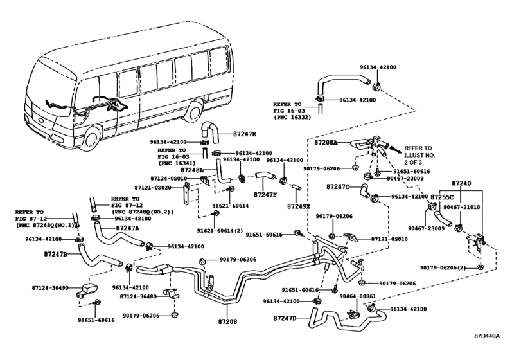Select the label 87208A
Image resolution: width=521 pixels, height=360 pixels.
326,143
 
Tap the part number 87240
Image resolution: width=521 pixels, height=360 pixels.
461,183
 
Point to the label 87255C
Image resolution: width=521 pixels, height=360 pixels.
442,197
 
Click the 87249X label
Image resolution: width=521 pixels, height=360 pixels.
299,206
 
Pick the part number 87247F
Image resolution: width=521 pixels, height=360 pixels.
265,195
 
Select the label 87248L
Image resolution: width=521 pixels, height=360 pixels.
191,170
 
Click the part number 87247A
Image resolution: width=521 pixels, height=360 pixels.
128,228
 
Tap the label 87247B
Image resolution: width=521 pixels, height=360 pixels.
55,255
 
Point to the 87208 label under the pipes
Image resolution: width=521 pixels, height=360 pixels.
227,321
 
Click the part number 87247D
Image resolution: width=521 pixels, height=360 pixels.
285,318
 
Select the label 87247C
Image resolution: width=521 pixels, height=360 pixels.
338,187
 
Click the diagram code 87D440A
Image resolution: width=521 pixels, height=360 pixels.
487,336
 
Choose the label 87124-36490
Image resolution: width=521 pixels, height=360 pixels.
50,288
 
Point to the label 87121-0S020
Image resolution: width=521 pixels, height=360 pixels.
153,188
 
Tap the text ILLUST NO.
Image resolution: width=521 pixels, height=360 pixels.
419,155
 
